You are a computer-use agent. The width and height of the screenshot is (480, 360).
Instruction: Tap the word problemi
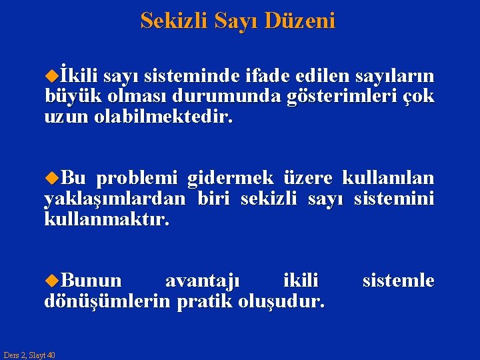137,178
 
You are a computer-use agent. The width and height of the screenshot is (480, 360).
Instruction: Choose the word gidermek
231,178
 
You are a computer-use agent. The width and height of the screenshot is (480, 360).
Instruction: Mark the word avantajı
203,280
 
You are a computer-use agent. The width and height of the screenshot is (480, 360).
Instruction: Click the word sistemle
397,280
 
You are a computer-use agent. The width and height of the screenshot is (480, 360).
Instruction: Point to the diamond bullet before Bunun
51,281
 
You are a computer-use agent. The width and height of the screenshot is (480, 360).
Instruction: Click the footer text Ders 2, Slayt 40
29,355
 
